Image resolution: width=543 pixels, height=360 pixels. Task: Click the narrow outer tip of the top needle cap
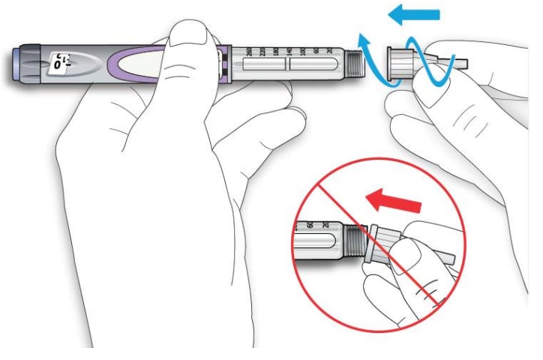point(459,59)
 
